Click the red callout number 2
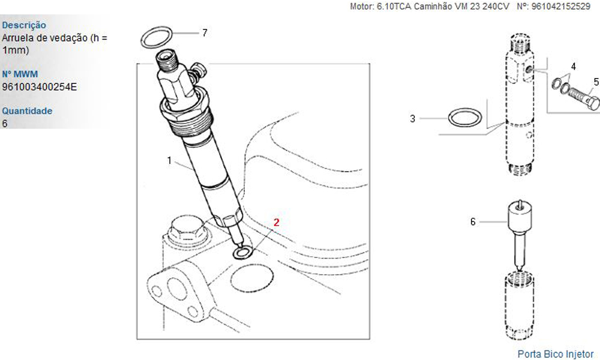point(276,222)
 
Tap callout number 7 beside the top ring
point(205,33)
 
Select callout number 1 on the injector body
point(169,161)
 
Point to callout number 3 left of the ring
point(413,119)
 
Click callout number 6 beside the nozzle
point(473,222)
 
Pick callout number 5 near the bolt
point(596,82)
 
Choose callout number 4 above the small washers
point(573,67)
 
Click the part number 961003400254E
point(40,87)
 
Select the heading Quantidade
point(27,111)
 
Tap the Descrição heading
point(24,25)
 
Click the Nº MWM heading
point(20,74)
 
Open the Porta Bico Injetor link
point(556,354)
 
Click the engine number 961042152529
point(560,7)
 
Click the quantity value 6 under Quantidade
point(5,123)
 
